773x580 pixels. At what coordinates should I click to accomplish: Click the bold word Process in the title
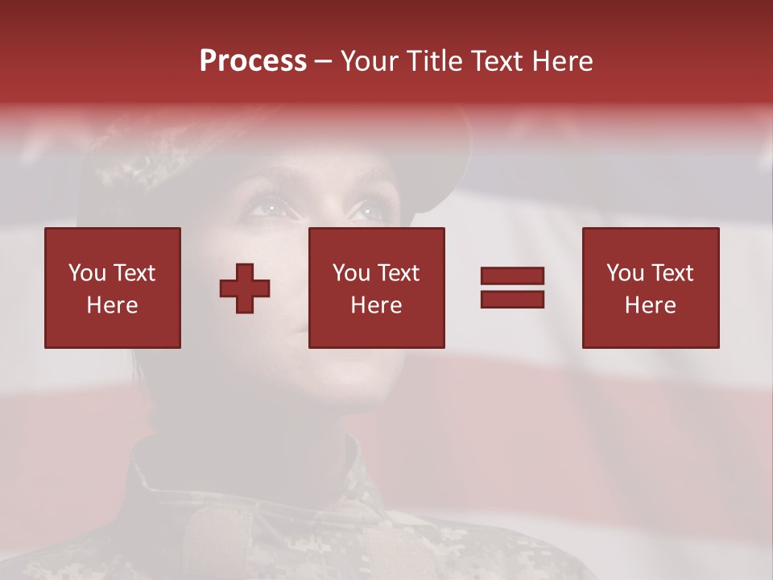(x=253, y=61)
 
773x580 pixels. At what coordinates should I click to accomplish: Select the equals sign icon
(x=512, y=288)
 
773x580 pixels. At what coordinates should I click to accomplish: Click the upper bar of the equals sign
(x=512, y=276)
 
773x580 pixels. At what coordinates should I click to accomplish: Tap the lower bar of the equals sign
(x=512, y=299)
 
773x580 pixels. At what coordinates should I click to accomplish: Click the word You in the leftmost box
(x=87, y=273)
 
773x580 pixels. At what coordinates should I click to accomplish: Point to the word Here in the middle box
(x=377, y=305)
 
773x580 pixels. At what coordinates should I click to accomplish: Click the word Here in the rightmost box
(x=651, y=305)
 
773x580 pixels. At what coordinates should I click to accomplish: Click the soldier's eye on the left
(x=269, y=209)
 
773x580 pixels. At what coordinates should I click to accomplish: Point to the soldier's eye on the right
(x=366, y=212)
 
